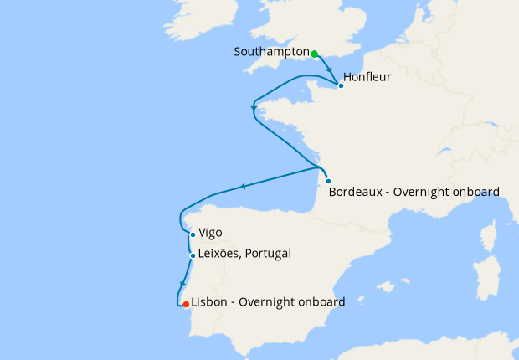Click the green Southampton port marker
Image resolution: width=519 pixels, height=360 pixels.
[x=315, y=54]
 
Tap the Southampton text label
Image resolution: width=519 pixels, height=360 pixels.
[x=271, y=52]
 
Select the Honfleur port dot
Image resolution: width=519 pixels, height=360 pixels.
[x=341, y=85]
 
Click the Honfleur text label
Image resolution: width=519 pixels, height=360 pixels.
[x=367, y=78]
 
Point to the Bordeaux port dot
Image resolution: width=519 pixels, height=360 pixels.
[x=328, y=182]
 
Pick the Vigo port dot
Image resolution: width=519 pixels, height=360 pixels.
[x=193, y=234]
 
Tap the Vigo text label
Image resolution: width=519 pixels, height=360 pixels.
[x=211, y=233]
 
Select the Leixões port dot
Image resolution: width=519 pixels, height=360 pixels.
[x=193, y=255]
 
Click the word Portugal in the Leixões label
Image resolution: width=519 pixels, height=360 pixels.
[x=267, y=254]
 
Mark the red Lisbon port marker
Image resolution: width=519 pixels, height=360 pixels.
[x=186, y=305]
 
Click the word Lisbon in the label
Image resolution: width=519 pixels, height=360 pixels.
[x=209, y=302]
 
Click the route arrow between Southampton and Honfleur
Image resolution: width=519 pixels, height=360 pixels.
[x=330, y=71]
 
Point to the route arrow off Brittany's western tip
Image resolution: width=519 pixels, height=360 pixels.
[x=254, y=106]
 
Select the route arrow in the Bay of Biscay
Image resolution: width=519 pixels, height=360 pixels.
[x=243, y=187]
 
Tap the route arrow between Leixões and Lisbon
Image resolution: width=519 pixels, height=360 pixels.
[x=182, y=285]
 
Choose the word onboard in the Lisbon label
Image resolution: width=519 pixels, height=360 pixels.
[x=321, y=302]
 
